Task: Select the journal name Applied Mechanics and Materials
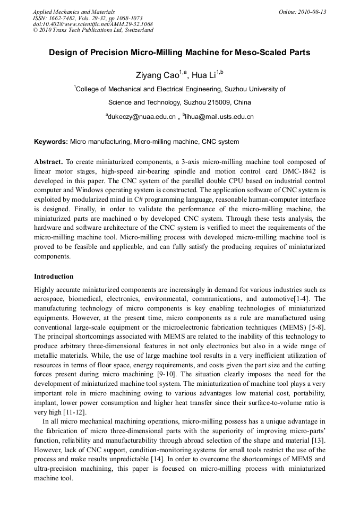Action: tap(74, 12)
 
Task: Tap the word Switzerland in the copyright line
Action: tap(137, 30)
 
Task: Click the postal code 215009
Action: tap(217, 102)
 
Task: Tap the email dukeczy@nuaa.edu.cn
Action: tap(142, 116)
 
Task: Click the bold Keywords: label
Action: tap(51, 142)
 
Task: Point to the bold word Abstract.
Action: tap(48, 161)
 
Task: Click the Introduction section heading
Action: tap(54, 277)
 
